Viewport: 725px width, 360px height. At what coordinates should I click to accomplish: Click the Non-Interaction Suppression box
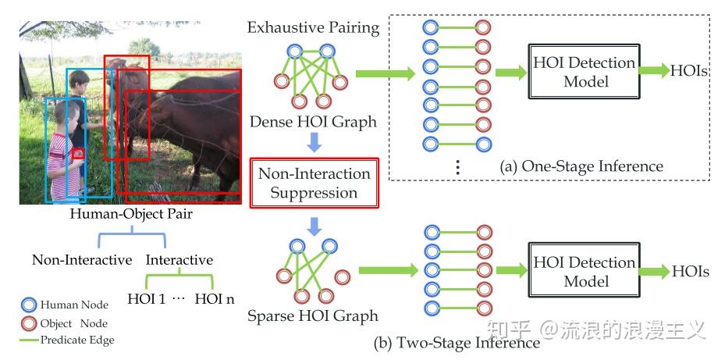point(314,184)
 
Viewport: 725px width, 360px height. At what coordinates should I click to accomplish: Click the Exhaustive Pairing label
point(313,29)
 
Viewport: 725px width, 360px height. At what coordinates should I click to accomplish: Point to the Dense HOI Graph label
point(313,122)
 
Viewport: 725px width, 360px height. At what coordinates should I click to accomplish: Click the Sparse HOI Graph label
point(313,316)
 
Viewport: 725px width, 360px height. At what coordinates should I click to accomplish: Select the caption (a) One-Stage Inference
point(581,166)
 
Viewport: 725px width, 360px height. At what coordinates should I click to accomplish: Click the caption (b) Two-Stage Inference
point(468,342)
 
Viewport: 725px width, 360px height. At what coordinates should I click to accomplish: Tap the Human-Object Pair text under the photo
point(130,212)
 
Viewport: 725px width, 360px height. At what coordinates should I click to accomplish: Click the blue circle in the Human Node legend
point(29,305)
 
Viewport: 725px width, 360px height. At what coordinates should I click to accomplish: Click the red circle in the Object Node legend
point(29,323)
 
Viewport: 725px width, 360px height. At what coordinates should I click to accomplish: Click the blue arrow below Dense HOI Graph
point(313,142)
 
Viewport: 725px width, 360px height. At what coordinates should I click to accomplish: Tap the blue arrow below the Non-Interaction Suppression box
point(313,226)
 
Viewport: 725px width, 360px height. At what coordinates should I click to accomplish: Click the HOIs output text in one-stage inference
point(689,71)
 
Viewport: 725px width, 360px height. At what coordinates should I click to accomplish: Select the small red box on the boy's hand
point(78,155)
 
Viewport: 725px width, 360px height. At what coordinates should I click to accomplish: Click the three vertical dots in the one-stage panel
point(458,166)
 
